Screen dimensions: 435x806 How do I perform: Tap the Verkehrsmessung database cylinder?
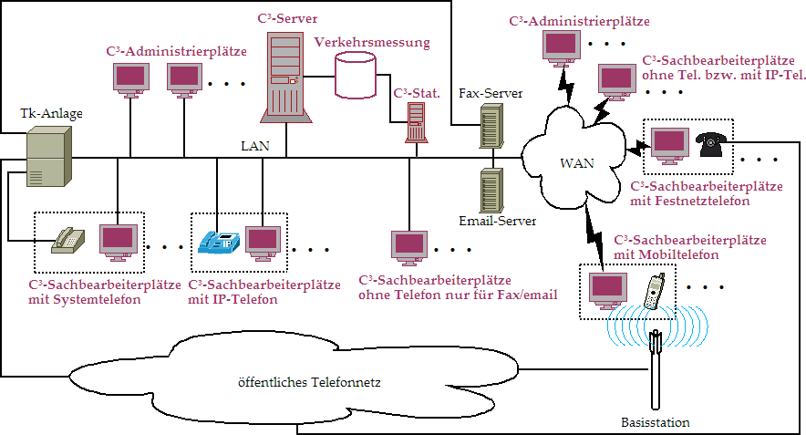(356, 74)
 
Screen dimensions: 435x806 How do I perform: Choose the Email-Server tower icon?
(491, 190)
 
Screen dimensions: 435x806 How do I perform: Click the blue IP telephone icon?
(219, 240)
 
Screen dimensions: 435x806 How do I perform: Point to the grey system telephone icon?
(69, 239)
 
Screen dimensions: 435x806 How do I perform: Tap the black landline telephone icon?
(711, 144)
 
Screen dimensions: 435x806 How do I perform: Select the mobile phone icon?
(653, 291)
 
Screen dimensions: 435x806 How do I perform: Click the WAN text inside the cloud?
(576, 164)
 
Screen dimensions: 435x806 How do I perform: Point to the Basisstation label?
(655, 422)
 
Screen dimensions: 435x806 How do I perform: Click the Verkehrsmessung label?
(371, 42)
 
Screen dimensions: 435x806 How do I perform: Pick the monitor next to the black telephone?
(669, 144)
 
